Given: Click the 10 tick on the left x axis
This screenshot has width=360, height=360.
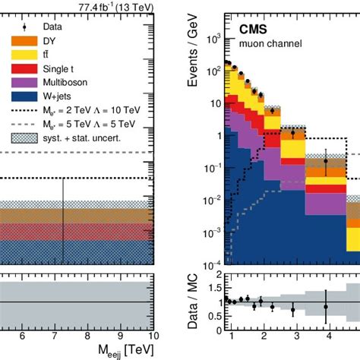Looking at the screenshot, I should coord(153,335).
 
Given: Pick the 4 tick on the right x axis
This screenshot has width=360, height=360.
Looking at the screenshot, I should coord(327,335).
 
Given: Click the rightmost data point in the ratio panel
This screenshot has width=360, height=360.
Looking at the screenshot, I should coord(326,307).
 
